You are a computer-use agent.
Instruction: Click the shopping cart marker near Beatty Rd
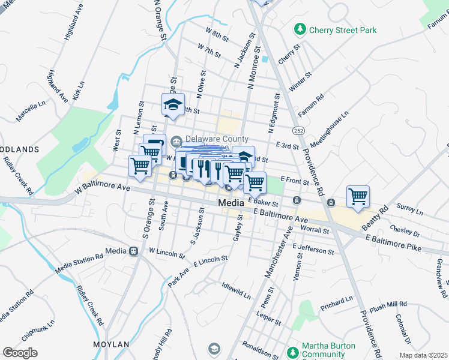pyautogui.click(x=358, y=196)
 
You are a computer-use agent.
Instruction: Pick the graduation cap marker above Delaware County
pyautogui.click(x=173, y=105)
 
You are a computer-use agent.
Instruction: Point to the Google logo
pyautogui.click(x=20, y=353)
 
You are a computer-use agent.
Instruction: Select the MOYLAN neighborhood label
pyautogui.click(x=111, y=344)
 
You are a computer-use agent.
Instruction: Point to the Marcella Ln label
pyautogui.click(x=31, y=112)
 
